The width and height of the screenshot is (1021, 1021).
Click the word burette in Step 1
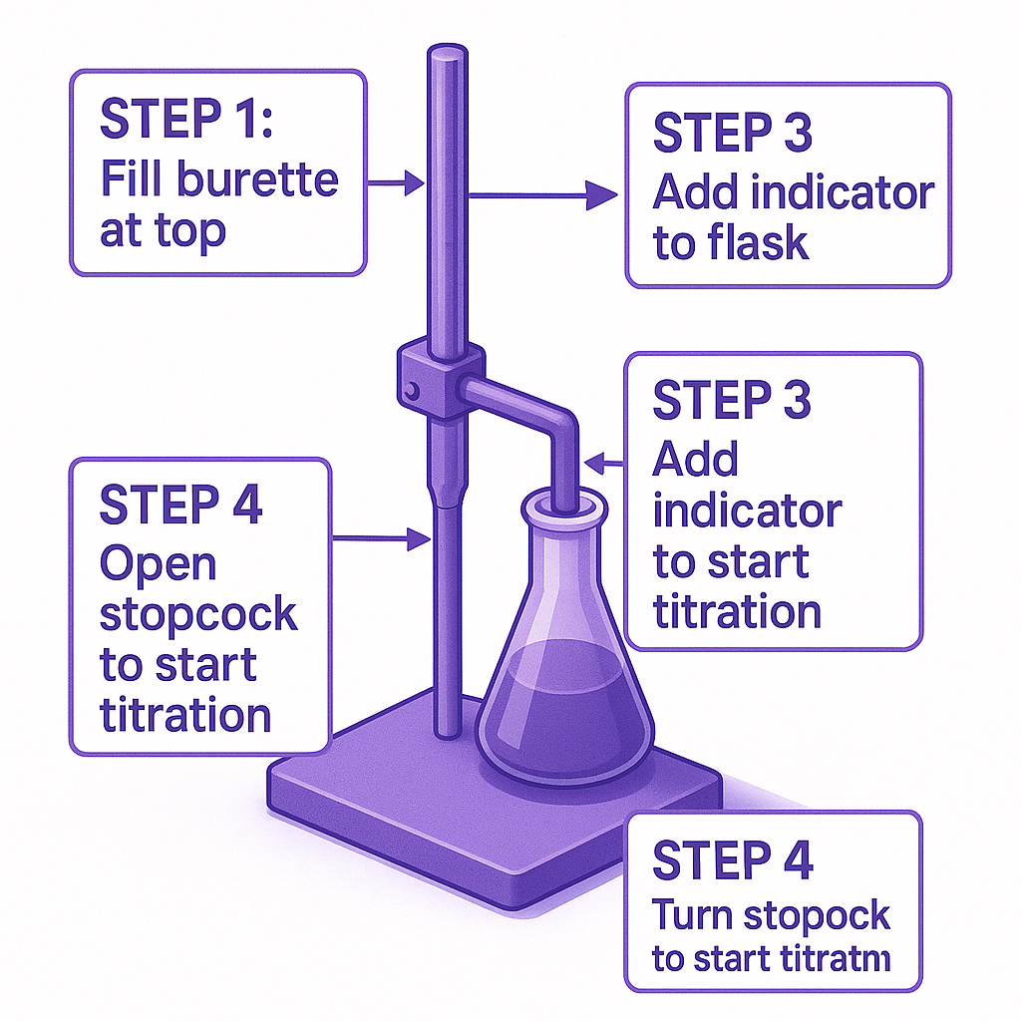tap(258, 180)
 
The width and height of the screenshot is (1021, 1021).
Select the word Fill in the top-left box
tap(133, 180)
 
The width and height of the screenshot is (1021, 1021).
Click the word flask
tap(759, 242)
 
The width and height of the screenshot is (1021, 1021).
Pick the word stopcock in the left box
tap(198, 614)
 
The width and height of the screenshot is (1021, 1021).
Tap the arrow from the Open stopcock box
tap(384, 539)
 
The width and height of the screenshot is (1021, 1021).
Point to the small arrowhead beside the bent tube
tap(597, 463)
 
